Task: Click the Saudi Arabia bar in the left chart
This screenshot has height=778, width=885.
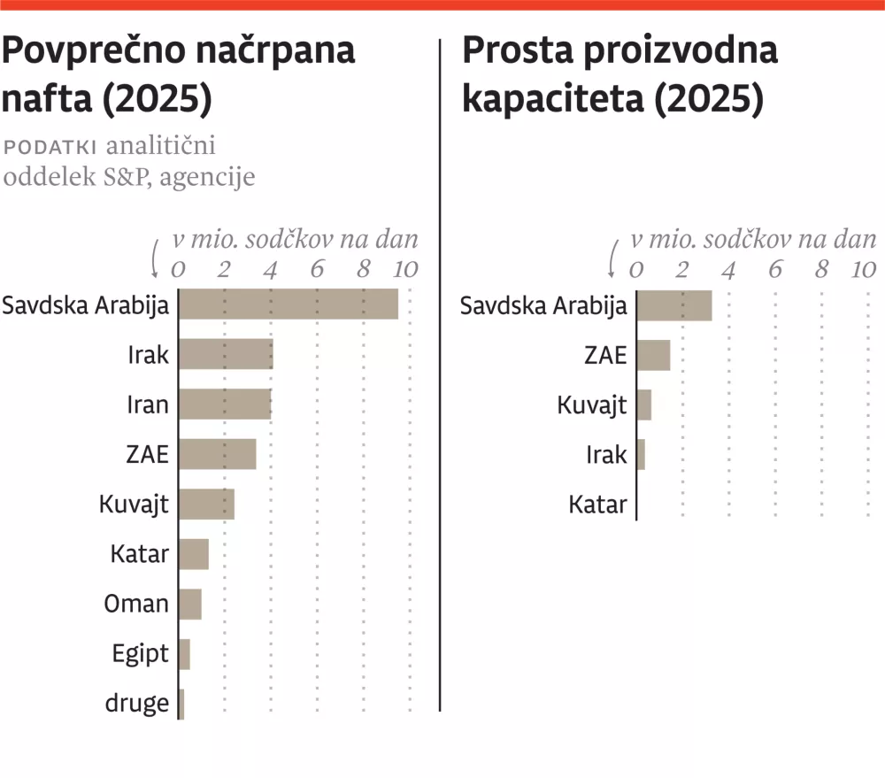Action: click(x=289, y=305)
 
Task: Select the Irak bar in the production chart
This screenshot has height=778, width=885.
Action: click(x=226, y=355)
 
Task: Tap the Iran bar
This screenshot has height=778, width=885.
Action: click(x=225, y=404)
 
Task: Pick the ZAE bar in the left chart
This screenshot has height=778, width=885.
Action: click(x=218, y=454)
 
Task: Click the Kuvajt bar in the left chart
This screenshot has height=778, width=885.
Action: click(x=206, y=505)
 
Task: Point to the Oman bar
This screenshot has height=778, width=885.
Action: click(x=190, y=604)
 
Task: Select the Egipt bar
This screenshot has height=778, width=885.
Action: click(x=184, y=654)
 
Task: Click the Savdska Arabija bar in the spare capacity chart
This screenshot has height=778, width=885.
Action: click(x=674, y=305)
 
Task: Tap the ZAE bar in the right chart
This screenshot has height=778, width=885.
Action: click(x=653, y=355)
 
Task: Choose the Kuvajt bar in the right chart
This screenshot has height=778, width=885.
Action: click(x=644, y=405)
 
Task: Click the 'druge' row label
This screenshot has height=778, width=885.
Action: click(x=136, y=704)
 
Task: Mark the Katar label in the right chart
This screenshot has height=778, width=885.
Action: click(x=597, y=505)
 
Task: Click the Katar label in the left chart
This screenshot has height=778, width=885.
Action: click(x=139, y=555)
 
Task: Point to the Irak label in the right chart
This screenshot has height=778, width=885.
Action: click(x=606, y=455)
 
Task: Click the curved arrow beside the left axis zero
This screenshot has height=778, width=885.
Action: click(x=157, y=258)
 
